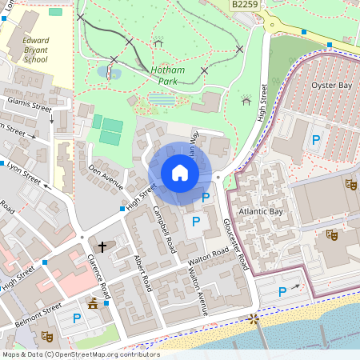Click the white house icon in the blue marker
[180, 173]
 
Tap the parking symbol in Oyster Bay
[316, 139]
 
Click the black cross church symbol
[102, 247]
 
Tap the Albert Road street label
[142, 272]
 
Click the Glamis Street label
[28, 106]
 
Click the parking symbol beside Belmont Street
[77, 318]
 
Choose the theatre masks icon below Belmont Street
[46, 337]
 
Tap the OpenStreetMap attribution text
[80, 354]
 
